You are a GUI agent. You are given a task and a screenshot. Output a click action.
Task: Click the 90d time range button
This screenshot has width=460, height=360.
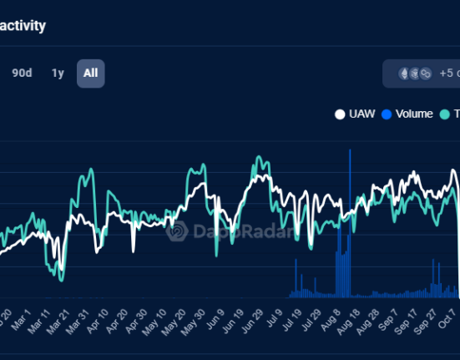click(x=22, y=73)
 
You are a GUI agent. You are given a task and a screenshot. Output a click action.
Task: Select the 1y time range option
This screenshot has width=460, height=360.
click(x=58, y=73)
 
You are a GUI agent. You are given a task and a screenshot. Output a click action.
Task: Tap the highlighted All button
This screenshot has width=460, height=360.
click(x=90, y=73)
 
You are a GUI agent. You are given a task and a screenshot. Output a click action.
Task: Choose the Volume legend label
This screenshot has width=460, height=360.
click(x=414, y=114)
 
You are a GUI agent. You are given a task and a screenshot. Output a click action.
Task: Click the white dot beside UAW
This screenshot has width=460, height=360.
click(x=340, y=114)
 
